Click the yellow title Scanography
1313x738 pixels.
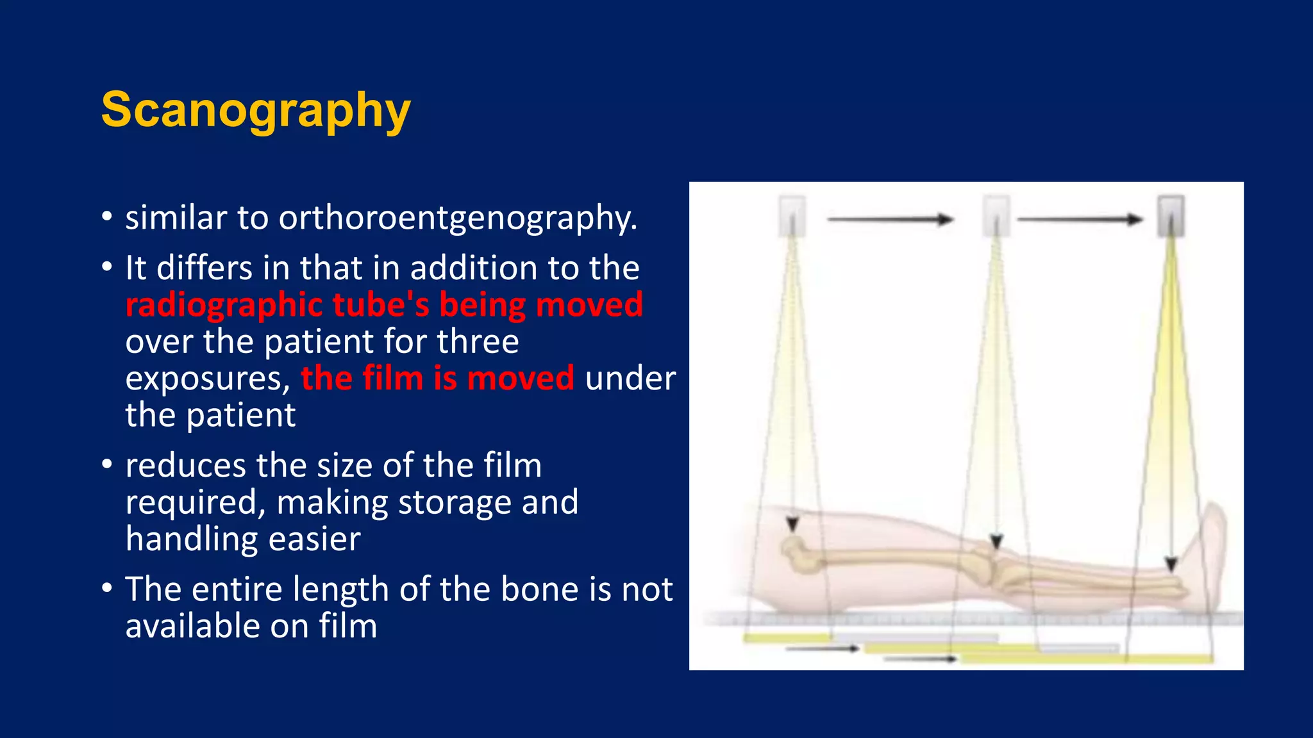point(255,110)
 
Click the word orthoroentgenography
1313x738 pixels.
point(458,218)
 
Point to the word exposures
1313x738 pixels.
point(208,379)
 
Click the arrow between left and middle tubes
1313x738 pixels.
point(890,220)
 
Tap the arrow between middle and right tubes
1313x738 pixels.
point(1080,220)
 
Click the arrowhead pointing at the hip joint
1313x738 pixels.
point(793,525)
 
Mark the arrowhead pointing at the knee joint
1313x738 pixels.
point(996,542)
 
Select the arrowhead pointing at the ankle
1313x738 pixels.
point(1171,564)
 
